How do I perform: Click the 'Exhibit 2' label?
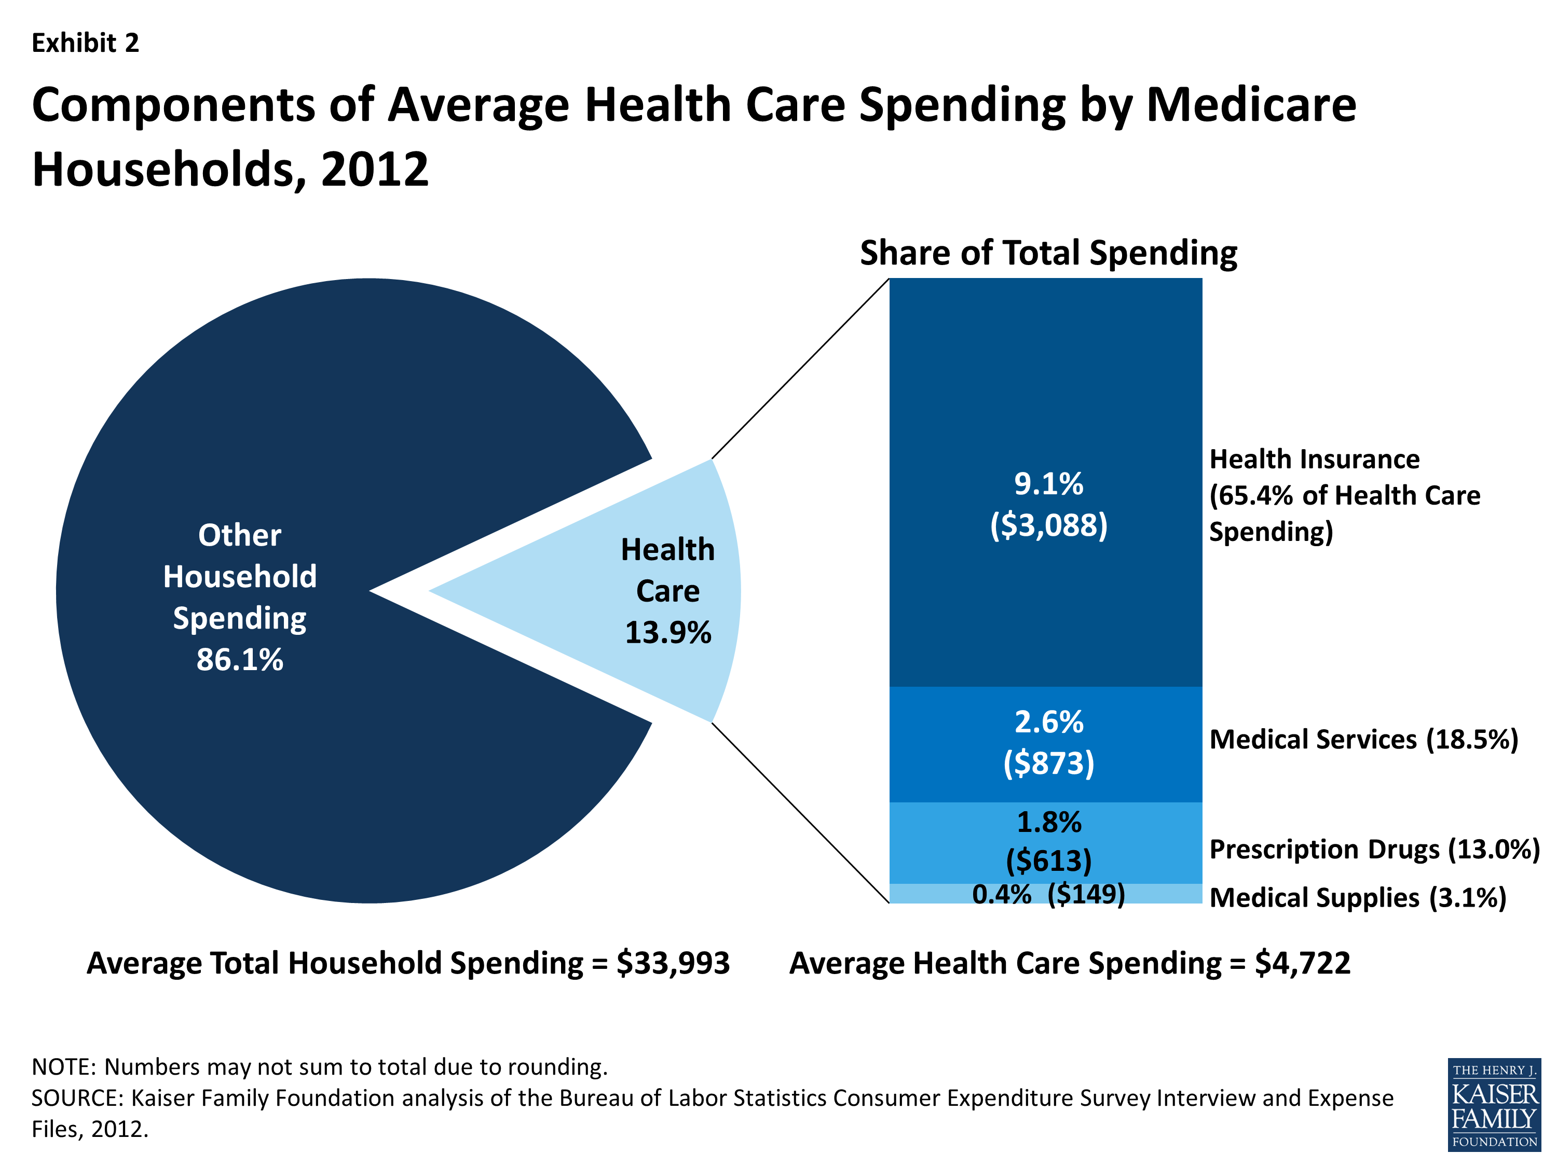(85, 44)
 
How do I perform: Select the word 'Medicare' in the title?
(1251, 105)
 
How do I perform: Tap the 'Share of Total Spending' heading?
(1048, 253)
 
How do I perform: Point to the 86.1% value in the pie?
(239, 660)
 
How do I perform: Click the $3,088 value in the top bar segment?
(1048, 525)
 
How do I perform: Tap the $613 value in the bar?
(1048, 860)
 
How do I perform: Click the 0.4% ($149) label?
(1048, 894)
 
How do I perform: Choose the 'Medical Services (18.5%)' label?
(1363, 739)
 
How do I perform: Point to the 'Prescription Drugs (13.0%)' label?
(1374, 849)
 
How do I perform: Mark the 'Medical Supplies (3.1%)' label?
(1357, 898)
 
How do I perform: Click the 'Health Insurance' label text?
(1314, 460)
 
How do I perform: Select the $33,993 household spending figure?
(673, 963)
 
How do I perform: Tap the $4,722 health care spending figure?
(1302, 963)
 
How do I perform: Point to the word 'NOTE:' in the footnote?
(65, 1067)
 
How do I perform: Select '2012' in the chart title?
(375, 170)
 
